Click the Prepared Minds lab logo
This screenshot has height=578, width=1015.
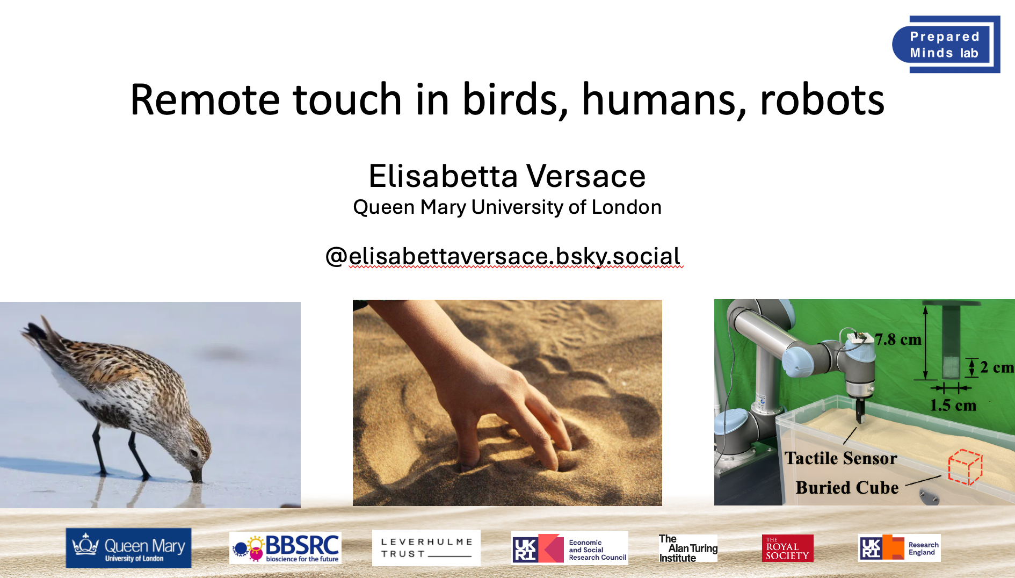pyautogui.click(x=946, y=45)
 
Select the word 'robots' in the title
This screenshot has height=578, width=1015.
pyautogui.click(x=822, y=100)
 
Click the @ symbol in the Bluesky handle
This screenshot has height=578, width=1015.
pyautogui.click(x=336, y=256)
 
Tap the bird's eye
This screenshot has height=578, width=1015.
pyautogui.click(x=193, y=452)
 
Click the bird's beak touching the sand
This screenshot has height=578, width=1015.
pyautogui.click(x=197, y=474)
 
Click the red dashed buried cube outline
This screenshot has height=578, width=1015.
pyautogui.click(x=965, y=467)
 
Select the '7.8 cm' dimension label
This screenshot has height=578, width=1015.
pyautogui.click(x=898, y=339)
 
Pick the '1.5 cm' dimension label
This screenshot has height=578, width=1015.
pyautogui.click(x=953, y=405)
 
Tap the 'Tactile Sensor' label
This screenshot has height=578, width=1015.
pyautogui.click(x=840, y=458)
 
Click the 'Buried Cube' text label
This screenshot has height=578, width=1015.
pyautogui.click(x=847, y=488)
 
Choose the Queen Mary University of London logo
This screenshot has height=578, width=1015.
pyautogui.click(x=128, y=548)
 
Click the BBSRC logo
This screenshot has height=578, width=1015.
pyautogui.click(x=285, y=548)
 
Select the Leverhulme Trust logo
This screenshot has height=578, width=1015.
pyautogui.click(x=426, y=548)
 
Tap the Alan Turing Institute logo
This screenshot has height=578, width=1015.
pyautogui.click(x=688, y=548)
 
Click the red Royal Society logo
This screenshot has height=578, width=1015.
pyautogui.click(x=787, y=548)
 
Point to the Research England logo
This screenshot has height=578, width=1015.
pyautogui.click(x=900, y=548)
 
